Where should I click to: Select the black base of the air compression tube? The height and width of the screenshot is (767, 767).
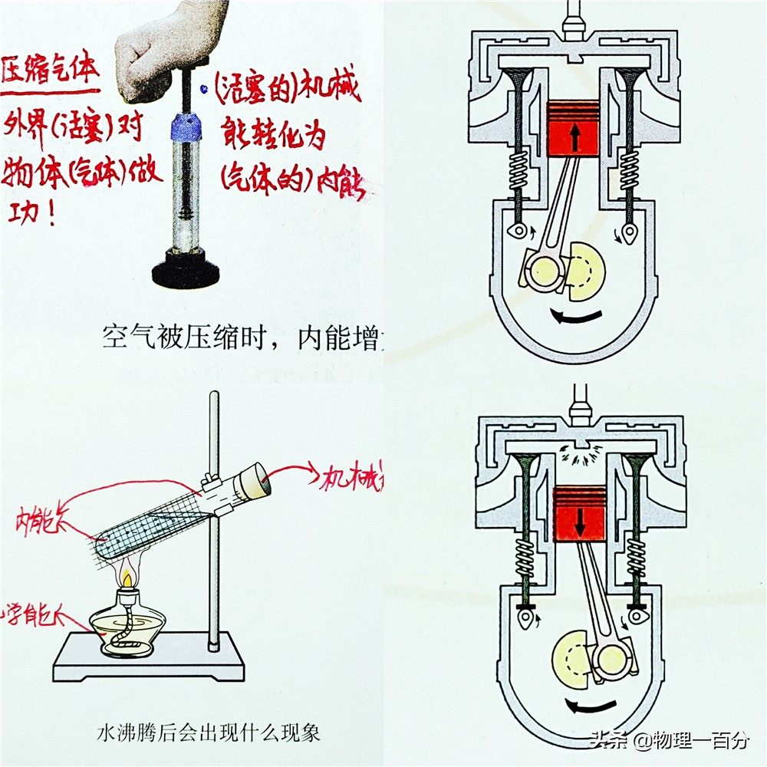(x=186, y=269)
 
